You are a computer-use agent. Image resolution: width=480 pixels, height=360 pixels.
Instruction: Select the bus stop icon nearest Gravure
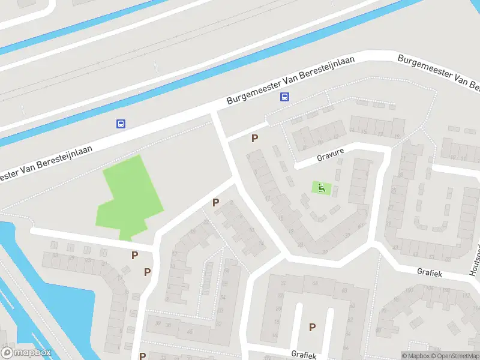click(284, 97)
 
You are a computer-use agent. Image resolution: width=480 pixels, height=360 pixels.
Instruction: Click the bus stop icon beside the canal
click(121, 124)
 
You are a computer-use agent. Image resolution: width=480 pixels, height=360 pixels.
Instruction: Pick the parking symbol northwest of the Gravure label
click(255, 139)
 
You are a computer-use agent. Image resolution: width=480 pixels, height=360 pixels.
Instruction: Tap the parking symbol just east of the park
click(215, 203)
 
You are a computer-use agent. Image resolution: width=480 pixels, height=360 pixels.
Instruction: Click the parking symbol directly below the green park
click(135, 256)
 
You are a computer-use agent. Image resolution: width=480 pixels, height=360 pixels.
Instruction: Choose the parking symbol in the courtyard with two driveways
click(312, 327)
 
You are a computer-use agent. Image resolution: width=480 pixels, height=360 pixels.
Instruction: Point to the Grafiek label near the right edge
click(430, 272)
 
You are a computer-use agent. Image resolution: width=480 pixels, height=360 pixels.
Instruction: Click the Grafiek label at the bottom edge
click(303, 355)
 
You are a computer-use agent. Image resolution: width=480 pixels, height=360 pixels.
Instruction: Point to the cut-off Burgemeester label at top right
click(439, 72)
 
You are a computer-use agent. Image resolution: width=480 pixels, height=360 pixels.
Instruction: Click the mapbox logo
click(26, 353)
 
